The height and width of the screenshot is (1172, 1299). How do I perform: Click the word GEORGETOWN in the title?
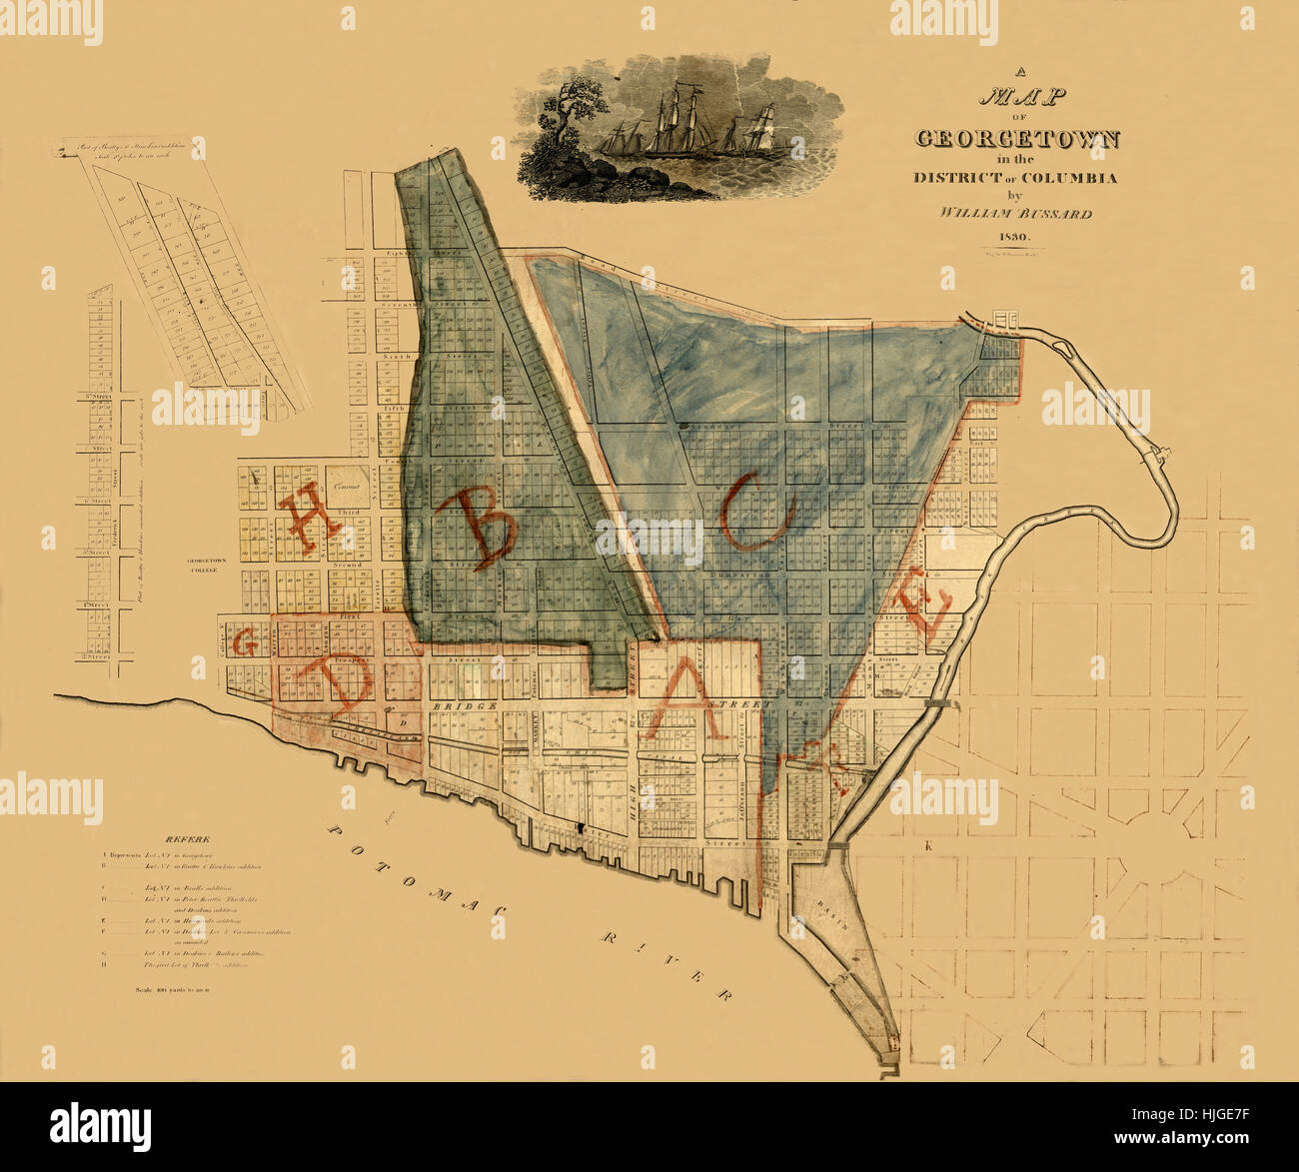[1016, 139]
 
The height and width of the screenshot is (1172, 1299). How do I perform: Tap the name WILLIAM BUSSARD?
[1015, 213]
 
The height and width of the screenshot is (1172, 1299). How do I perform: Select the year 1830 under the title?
[1015, 237]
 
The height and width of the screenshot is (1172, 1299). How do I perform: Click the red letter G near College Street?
[242, 642]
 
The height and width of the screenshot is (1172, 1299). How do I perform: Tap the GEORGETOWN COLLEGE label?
[207, 566]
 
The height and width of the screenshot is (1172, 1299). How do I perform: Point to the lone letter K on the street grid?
[928, 846]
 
